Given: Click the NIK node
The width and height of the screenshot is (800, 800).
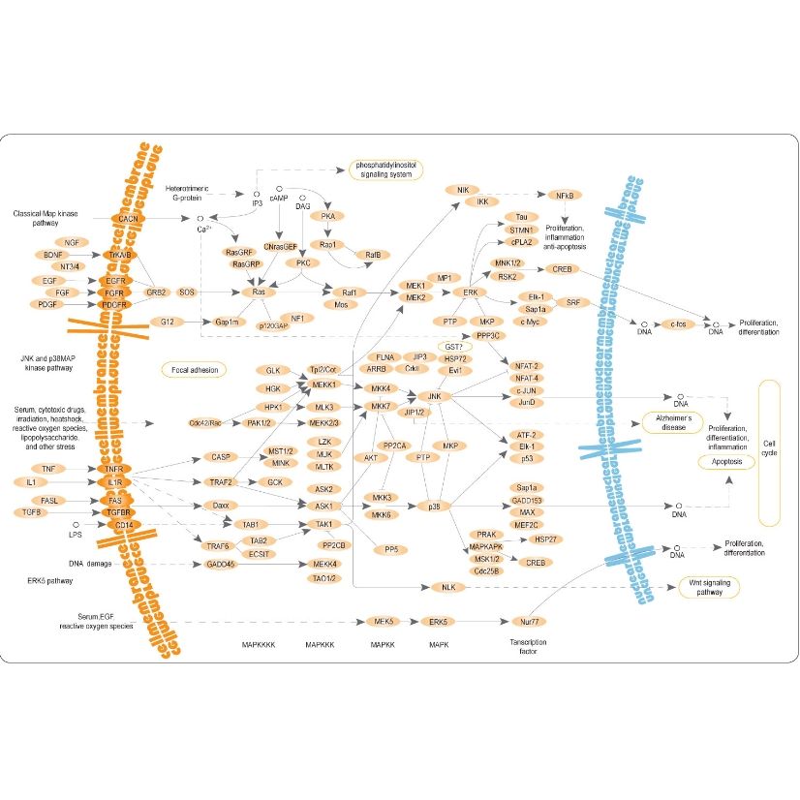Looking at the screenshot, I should click(462, 190).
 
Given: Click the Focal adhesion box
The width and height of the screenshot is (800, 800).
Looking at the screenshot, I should click(193, 369).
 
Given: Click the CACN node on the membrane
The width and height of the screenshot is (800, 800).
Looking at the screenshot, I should click(128, 220).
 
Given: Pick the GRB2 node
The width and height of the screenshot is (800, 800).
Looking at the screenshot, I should click(156, 292).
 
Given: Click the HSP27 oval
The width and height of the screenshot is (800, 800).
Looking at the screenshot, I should click(543, 539).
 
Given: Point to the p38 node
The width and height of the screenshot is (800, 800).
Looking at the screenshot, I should click(434, 506).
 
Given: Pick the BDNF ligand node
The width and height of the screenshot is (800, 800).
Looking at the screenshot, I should click(53, 255).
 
